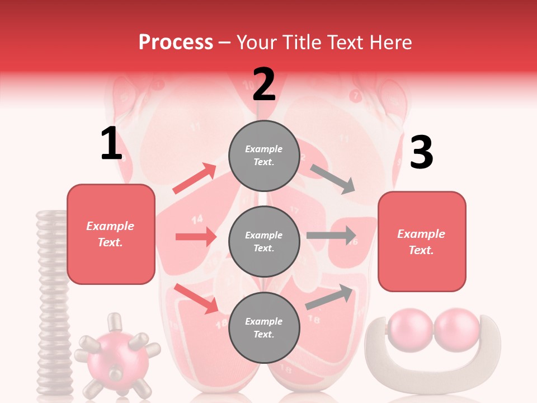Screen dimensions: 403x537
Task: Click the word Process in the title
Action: pyautogui.click(x=176, y=42)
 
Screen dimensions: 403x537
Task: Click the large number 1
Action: pyautogui.click(x=111, y=144)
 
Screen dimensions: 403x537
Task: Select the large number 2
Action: pyautogui.click(x=263, y=85)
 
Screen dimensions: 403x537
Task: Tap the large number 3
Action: pyautogui.click(x=421, y=153)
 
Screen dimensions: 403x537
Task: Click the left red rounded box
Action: pyautogui.click(x=111, y=234)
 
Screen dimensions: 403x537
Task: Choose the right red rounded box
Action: pyautogui.click(x=422, y=241)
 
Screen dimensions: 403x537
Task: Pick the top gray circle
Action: pyautogui.click(x=263, y=156)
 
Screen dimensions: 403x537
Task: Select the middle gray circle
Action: pyautogui.click(x=263, y=241)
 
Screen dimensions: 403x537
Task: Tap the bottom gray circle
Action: pyautogui.click(x=263, y=327)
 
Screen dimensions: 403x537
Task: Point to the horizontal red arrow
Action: pyautogui.click(x=196, y=237)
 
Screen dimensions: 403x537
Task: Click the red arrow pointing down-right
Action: pyautogui.click(x=196, y=298)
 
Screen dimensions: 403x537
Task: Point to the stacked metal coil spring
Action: pyautogui.click(x=53, y=302)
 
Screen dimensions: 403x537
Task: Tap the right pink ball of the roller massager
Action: pyautogui.click(x=457, y=331)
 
